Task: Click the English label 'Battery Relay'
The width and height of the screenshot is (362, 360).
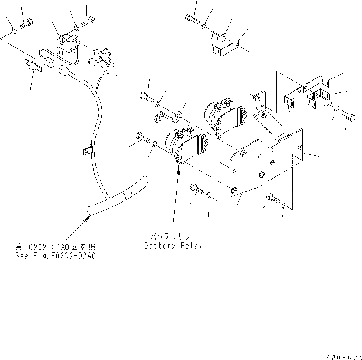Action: tap(173, 246)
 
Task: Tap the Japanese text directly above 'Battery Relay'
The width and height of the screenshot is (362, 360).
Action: tap(173, 236)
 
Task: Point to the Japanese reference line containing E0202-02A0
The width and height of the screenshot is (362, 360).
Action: tap(55, 247)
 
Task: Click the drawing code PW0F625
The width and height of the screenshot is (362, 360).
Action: tap(342, 356)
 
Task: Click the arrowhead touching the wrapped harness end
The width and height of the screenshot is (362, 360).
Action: tap(87, 220)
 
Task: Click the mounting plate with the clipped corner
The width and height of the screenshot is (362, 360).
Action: tap(246, 168)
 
